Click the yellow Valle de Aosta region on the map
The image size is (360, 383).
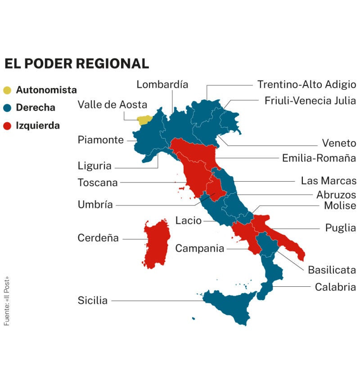[144, 120]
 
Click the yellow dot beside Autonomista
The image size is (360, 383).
[7, 90]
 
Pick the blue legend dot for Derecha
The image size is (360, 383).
[7, 108]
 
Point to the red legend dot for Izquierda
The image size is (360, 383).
[7, 126]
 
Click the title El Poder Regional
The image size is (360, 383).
[76, 64]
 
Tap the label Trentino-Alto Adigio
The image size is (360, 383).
[306, 85]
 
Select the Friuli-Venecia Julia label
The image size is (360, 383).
[310, 101]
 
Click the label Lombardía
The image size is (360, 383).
[162, 85]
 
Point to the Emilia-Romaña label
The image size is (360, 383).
[319, 158]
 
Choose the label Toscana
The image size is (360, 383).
[98, 183]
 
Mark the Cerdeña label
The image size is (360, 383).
[98, 238]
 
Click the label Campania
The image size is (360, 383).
[199, 248]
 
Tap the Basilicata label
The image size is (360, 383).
[332, 270]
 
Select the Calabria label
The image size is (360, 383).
[335, 287]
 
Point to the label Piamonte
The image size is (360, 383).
[100, 140]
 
